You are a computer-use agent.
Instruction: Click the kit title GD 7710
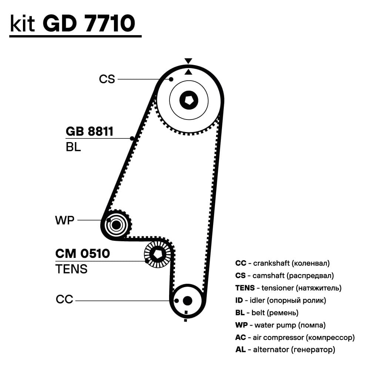pyautogui.click(x=89, y=23)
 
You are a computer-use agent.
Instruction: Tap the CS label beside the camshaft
pyautogui.click(x=107, y=79)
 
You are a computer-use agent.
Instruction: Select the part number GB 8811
pyautogui.click(x=89, y=131)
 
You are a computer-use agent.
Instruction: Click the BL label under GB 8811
pyautogui.click(x=73, y=147)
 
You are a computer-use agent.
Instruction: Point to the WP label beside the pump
pyautogui.click(x=65, y=221)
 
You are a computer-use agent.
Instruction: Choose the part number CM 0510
pyautogui.click(x=83, y=254)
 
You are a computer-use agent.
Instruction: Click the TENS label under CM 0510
pyautogui.click(x=71, y=269)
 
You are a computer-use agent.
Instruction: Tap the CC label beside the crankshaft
pyautogui.click(x=65, y=299)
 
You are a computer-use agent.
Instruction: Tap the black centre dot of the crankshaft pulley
pyautogui.click(x=187, y=300)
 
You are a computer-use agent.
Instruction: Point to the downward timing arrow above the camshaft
pyautogui.click(x=188, y=61)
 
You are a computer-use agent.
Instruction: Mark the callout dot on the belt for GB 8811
pyautogui.click(x=132, y=139)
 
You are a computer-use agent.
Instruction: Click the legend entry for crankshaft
pyautogui.click(x=282, y=263)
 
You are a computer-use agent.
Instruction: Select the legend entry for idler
pyautogui.click(x=280, y=300)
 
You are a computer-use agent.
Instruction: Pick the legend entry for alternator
pyautogui.click(x=285, y=349)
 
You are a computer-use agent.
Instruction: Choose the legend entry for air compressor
pyautogui.click(x=295, y=337)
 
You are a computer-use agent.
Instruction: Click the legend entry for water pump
pyautogui.click(x=280, y=325)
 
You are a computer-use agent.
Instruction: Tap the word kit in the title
pyautogui.click(x=23, y=23)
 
